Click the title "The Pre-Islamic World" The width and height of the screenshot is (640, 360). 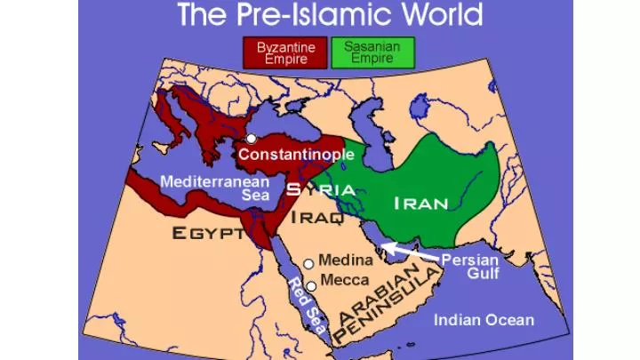(331, 15)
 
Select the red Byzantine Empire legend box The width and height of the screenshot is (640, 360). (282, 52)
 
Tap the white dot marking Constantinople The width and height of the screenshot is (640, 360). (252, 139)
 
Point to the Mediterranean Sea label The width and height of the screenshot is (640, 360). (215, 188)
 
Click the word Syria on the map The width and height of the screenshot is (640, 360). (321, 189)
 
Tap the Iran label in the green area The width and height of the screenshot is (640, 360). (421, 203)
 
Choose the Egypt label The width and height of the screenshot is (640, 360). (208, 234)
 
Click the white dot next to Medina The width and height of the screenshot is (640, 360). (308, 264)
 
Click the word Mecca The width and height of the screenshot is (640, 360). (345, 280)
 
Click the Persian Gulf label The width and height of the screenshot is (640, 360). (470, 267)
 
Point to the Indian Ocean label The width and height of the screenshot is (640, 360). (484, 320)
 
